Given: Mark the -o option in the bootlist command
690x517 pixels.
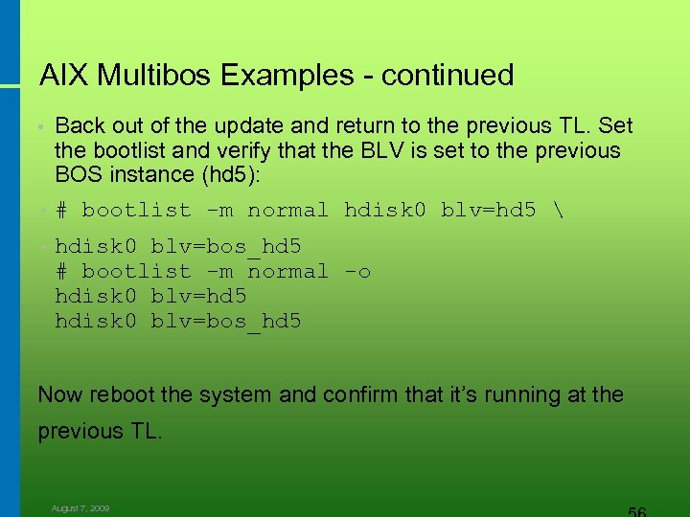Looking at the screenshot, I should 356,272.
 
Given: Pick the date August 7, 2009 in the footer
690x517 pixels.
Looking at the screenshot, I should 80,508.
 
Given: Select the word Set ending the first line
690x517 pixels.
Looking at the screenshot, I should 615,126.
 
